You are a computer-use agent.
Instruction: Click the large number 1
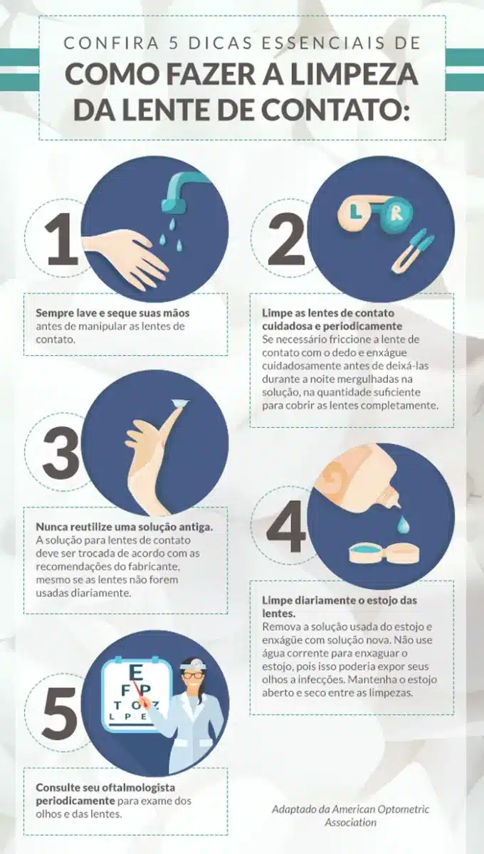[x=63, y=241]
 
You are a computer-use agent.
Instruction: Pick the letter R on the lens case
[x=396, y=211]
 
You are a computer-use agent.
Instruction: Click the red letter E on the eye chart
[x=136, y=672]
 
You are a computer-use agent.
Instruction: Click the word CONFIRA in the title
[x=97, y=43]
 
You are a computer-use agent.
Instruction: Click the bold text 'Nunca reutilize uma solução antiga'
[x=125, y=527]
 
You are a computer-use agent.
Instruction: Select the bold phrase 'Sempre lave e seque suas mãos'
[x=112, y=313]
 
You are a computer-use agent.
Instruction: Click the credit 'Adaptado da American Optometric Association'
[x=350, y=816]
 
